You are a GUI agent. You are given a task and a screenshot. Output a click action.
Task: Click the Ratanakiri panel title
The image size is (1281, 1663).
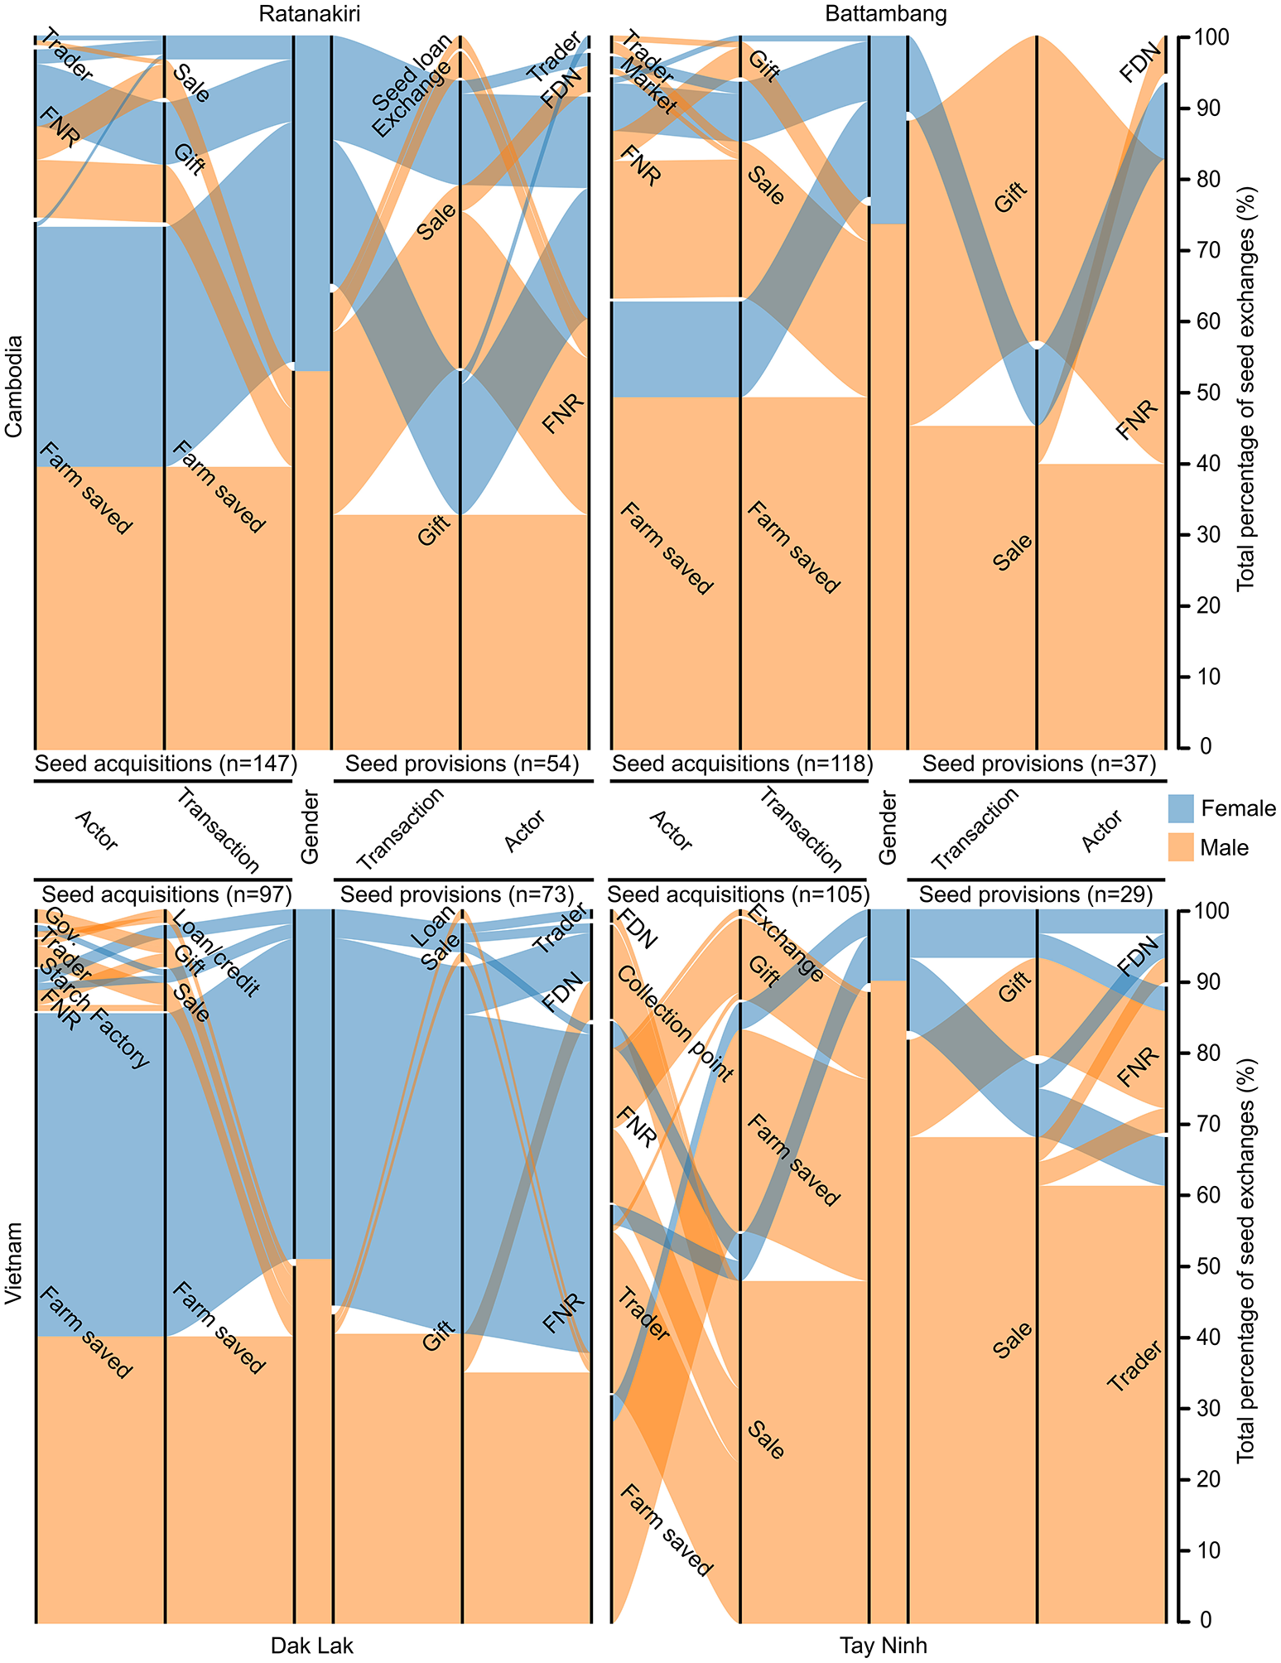309,14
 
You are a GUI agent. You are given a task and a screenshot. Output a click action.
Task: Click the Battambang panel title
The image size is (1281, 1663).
886,14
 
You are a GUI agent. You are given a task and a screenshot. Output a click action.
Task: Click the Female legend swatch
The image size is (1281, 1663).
1180,808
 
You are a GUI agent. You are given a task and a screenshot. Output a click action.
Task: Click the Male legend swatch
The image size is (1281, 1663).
1180,847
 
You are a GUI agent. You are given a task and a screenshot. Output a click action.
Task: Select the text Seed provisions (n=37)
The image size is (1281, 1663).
1038,764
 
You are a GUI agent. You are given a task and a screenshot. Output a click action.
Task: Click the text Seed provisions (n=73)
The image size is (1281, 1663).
457,894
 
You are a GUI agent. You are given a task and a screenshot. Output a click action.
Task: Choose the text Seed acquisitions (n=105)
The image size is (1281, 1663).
738,894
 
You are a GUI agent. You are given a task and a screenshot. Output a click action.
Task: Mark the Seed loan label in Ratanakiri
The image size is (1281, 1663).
412,73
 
